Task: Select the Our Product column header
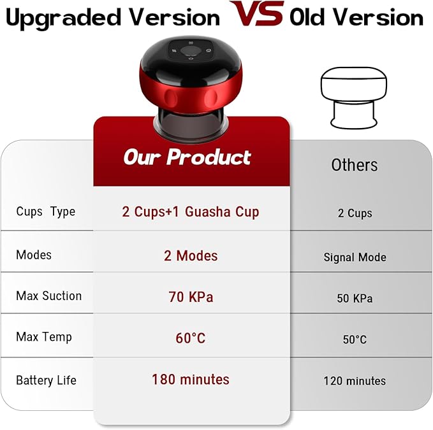187,157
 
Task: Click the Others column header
354,165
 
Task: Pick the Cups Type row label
45,212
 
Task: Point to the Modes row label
34,254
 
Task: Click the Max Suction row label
49,296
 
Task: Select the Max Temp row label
44,336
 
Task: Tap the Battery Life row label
46,380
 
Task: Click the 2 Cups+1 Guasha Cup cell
191,211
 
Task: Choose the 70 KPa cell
191,297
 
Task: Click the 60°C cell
191,338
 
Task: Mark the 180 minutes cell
191,380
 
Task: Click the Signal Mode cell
355,257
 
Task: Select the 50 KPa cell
355,298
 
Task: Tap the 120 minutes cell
355,381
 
